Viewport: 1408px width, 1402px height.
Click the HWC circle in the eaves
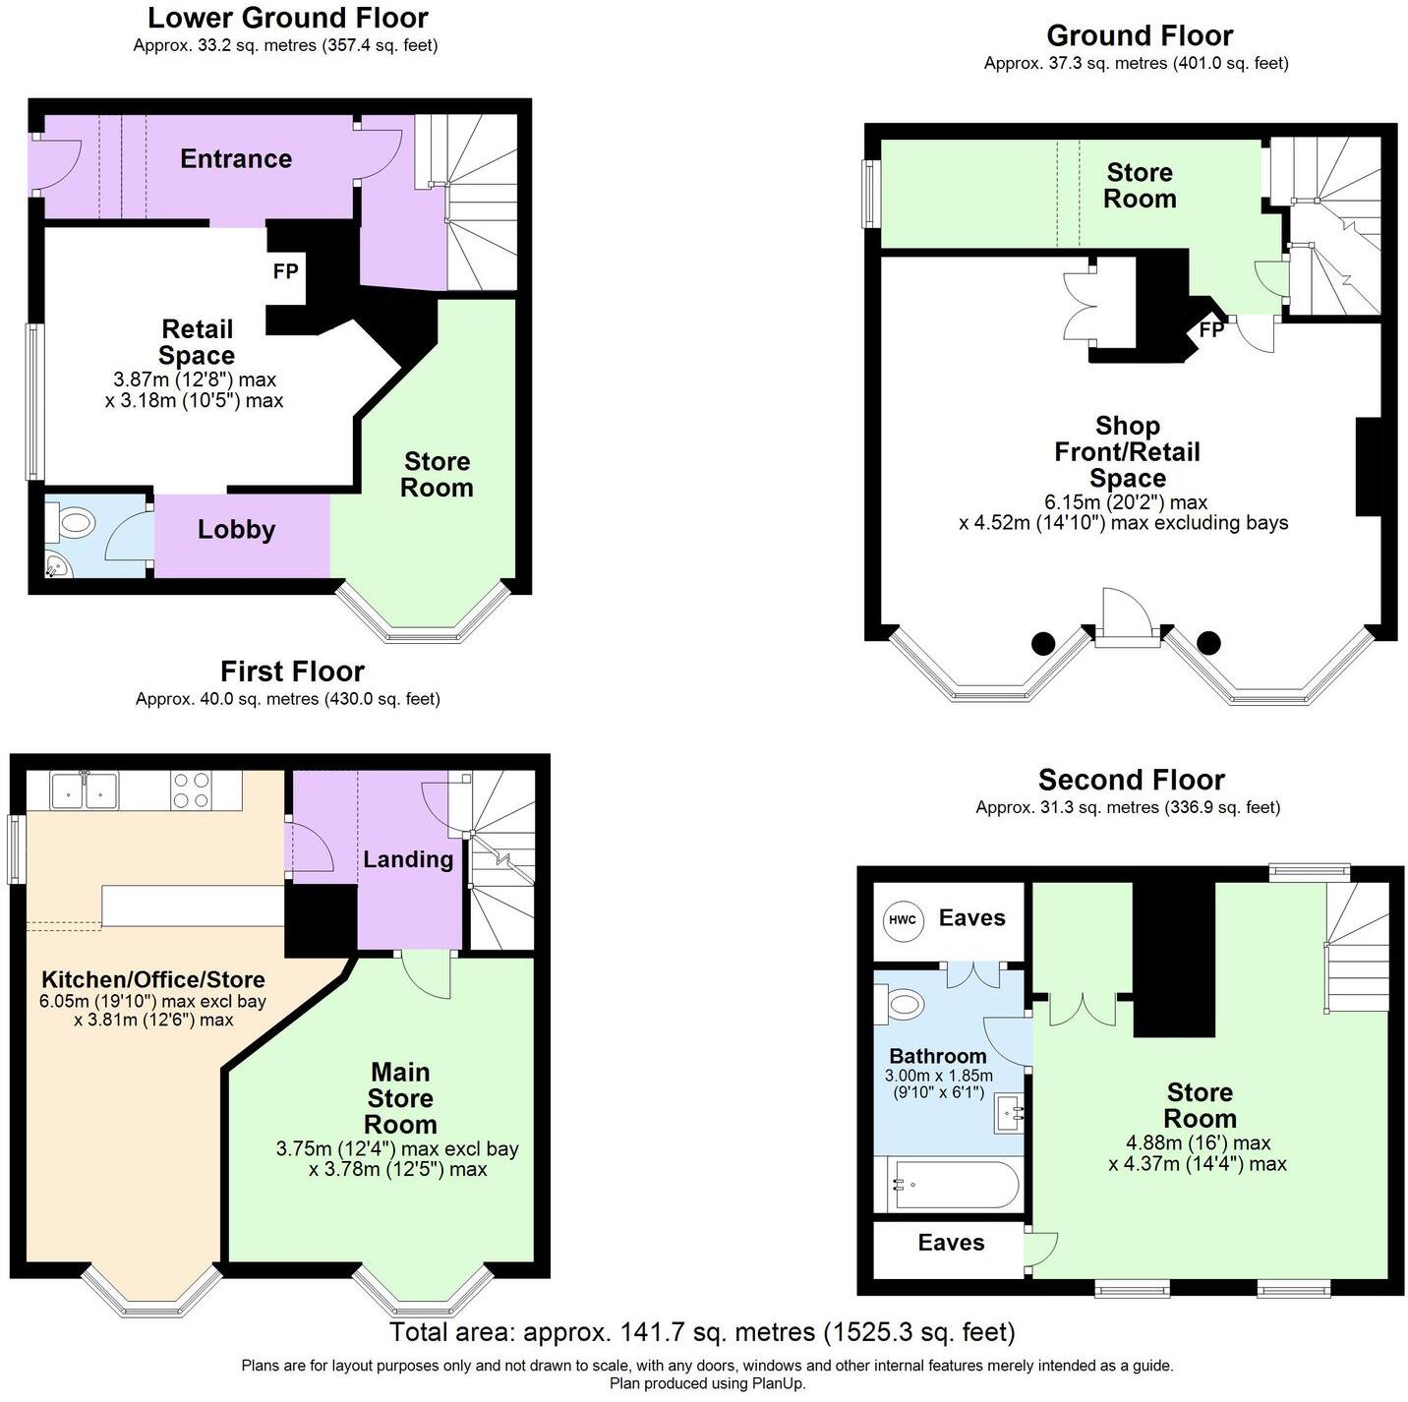pyautogui.click(x=902, y=919)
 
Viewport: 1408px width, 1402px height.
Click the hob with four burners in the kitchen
pyautogui.click(x=191, y=789)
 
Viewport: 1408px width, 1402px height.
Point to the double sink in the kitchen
pyautogui.click(x=85, y=789)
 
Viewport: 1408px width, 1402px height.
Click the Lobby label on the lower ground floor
pyautogui.click(x=236, y=530)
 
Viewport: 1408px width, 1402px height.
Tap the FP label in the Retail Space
pyautogui.click(x=285, y=271)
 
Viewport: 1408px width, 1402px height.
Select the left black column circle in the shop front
pyautogui.click(x=1042, y=644)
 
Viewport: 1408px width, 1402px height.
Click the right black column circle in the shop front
pyautogui.click(x=1208, y=644)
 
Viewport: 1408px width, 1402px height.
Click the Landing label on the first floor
pyautogui.click(x=408, y=859)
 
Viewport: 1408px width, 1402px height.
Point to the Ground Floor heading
pyautogui.click(x=1139, y=36)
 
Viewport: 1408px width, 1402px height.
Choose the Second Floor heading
pyautogui.click(x=1131, y=781)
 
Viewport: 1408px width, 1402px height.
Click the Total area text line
pyautogui.click(x=702, y=1332)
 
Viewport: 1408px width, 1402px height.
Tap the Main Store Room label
pyautogui.click(x=400, y=1098)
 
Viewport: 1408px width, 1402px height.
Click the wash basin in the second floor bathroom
pyautogui.click(x=1010, y=1113)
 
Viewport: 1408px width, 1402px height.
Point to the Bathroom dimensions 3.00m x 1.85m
pyautogui.click(x=938, y=1083)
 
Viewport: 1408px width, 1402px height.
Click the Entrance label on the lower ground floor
pyautogui.click(x=236, y=159)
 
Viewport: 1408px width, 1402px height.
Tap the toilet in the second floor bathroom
pyautogui.click(x=905, y=1006)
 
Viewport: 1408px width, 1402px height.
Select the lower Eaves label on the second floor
pyautogui.click(x=951, y=1243)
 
